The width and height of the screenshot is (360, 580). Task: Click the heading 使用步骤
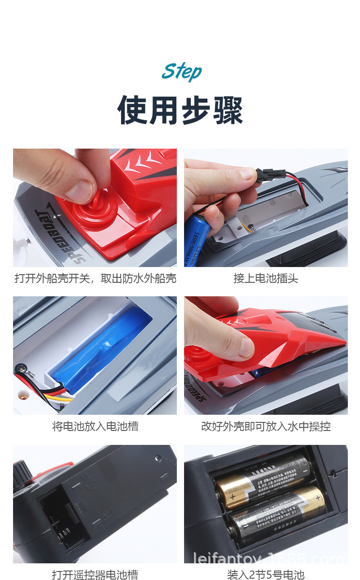pyautogui.click(x=180, y=110)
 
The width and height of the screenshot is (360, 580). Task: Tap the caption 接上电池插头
pyautogui.click(x=265, y=278)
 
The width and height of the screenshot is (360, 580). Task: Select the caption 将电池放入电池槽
pyautogui.click(x=95, y=426)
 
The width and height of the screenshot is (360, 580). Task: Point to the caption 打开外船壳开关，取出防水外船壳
pyautogui.click(x=95, y=278)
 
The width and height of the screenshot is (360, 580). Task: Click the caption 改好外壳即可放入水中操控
pyautogui.click(x=265, y=426)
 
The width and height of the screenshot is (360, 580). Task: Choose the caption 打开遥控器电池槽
pyautogui.click(x=95, y=575)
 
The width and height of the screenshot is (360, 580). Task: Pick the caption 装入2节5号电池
pyautogui.click(x=265, y=575)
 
